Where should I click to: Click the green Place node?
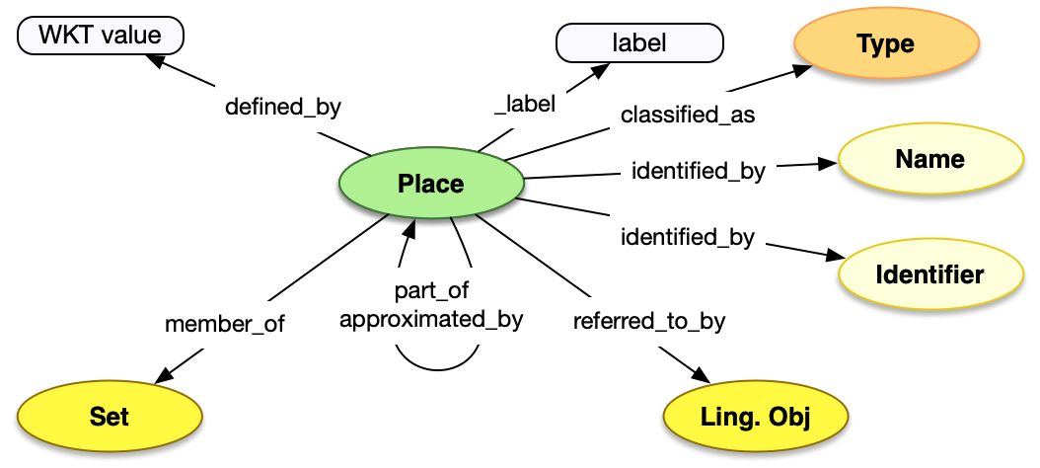[430, 184]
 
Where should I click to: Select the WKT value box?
[100, 38]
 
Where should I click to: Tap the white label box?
[639, 43]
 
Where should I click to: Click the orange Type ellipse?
[885, 44]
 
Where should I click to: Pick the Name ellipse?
[929, 159]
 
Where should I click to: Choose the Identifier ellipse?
[929, 273]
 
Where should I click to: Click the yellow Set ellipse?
[110, 416]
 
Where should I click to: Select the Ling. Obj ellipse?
[756, 417]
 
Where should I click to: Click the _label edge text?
[524, 103]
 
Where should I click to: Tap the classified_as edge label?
[688, 115]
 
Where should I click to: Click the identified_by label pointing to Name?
[698, 171]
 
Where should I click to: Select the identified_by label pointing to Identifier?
[688, 237]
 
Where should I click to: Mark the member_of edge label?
[224, 324]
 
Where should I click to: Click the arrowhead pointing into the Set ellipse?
[163, 378]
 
